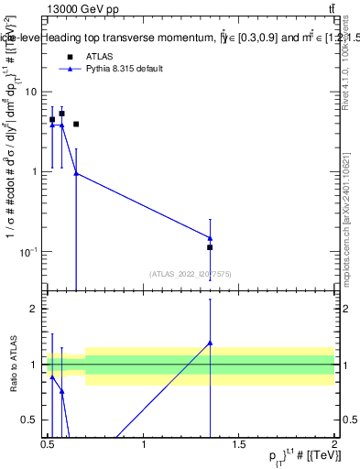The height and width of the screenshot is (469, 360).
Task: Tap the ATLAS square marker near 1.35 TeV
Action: [210, 247]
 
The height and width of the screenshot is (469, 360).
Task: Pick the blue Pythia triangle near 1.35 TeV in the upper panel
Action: [210, 238]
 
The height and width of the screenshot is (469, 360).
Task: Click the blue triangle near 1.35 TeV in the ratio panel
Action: [210, 344]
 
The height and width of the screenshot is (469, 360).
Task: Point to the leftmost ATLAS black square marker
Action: [52, 120]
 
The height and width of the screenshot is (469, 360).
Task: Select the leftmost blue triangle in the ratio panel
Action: [52, 376]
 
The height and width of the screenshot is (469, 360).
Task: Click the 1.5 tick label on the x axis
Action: [238, 444]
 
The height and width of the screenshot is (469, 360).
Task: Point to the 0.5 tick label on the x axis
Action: [49, 444]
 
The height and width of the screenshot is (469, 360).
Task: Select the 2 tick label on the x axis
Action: [333, 444]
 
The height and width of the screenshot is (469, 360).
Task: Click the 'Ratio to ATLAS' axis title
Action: [14, 365]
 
